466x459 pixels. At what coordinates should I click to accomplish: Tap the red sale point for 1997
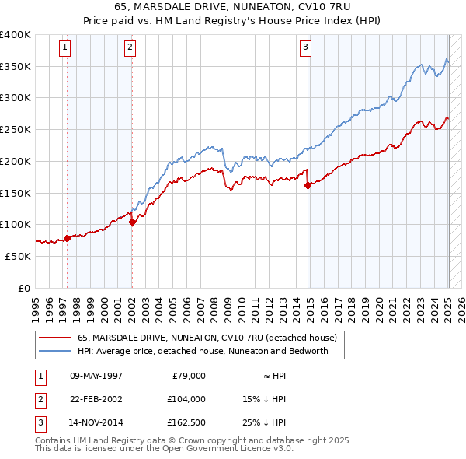pyautogui.click(x=67, y=238)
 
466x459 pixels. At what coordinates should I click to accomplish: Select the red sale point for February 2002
pyautogui.click(x=132, y=222)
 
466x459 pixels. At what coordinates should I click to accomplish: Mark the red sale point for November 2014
pyautogui.click(x=308, y=185)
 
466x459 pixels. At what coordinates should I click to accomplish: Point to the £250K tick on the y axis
pyautogui.click(x=16, y=129)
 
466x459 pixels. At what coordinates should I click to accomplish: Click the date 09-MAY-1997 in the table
pyautogui.click(x=96, y=376)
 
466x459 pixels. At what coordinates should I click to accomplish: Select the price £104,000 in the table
pyautogui.click(x=186, y=399)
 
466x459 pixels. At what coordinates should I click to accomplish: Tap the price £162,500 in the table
pyautogui.click(x=186, y=422)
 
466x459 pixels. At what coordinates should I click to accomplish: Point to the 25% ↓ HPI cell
pyautogui.click(x=264, y=422)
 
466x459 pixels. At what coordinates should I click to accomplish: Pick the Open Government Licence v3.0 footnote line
pyautogui.click(x=165, y=449)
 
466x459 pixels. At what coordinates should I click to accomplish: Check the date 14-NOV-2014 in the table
pyautogui.click(x=96, y=422)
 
